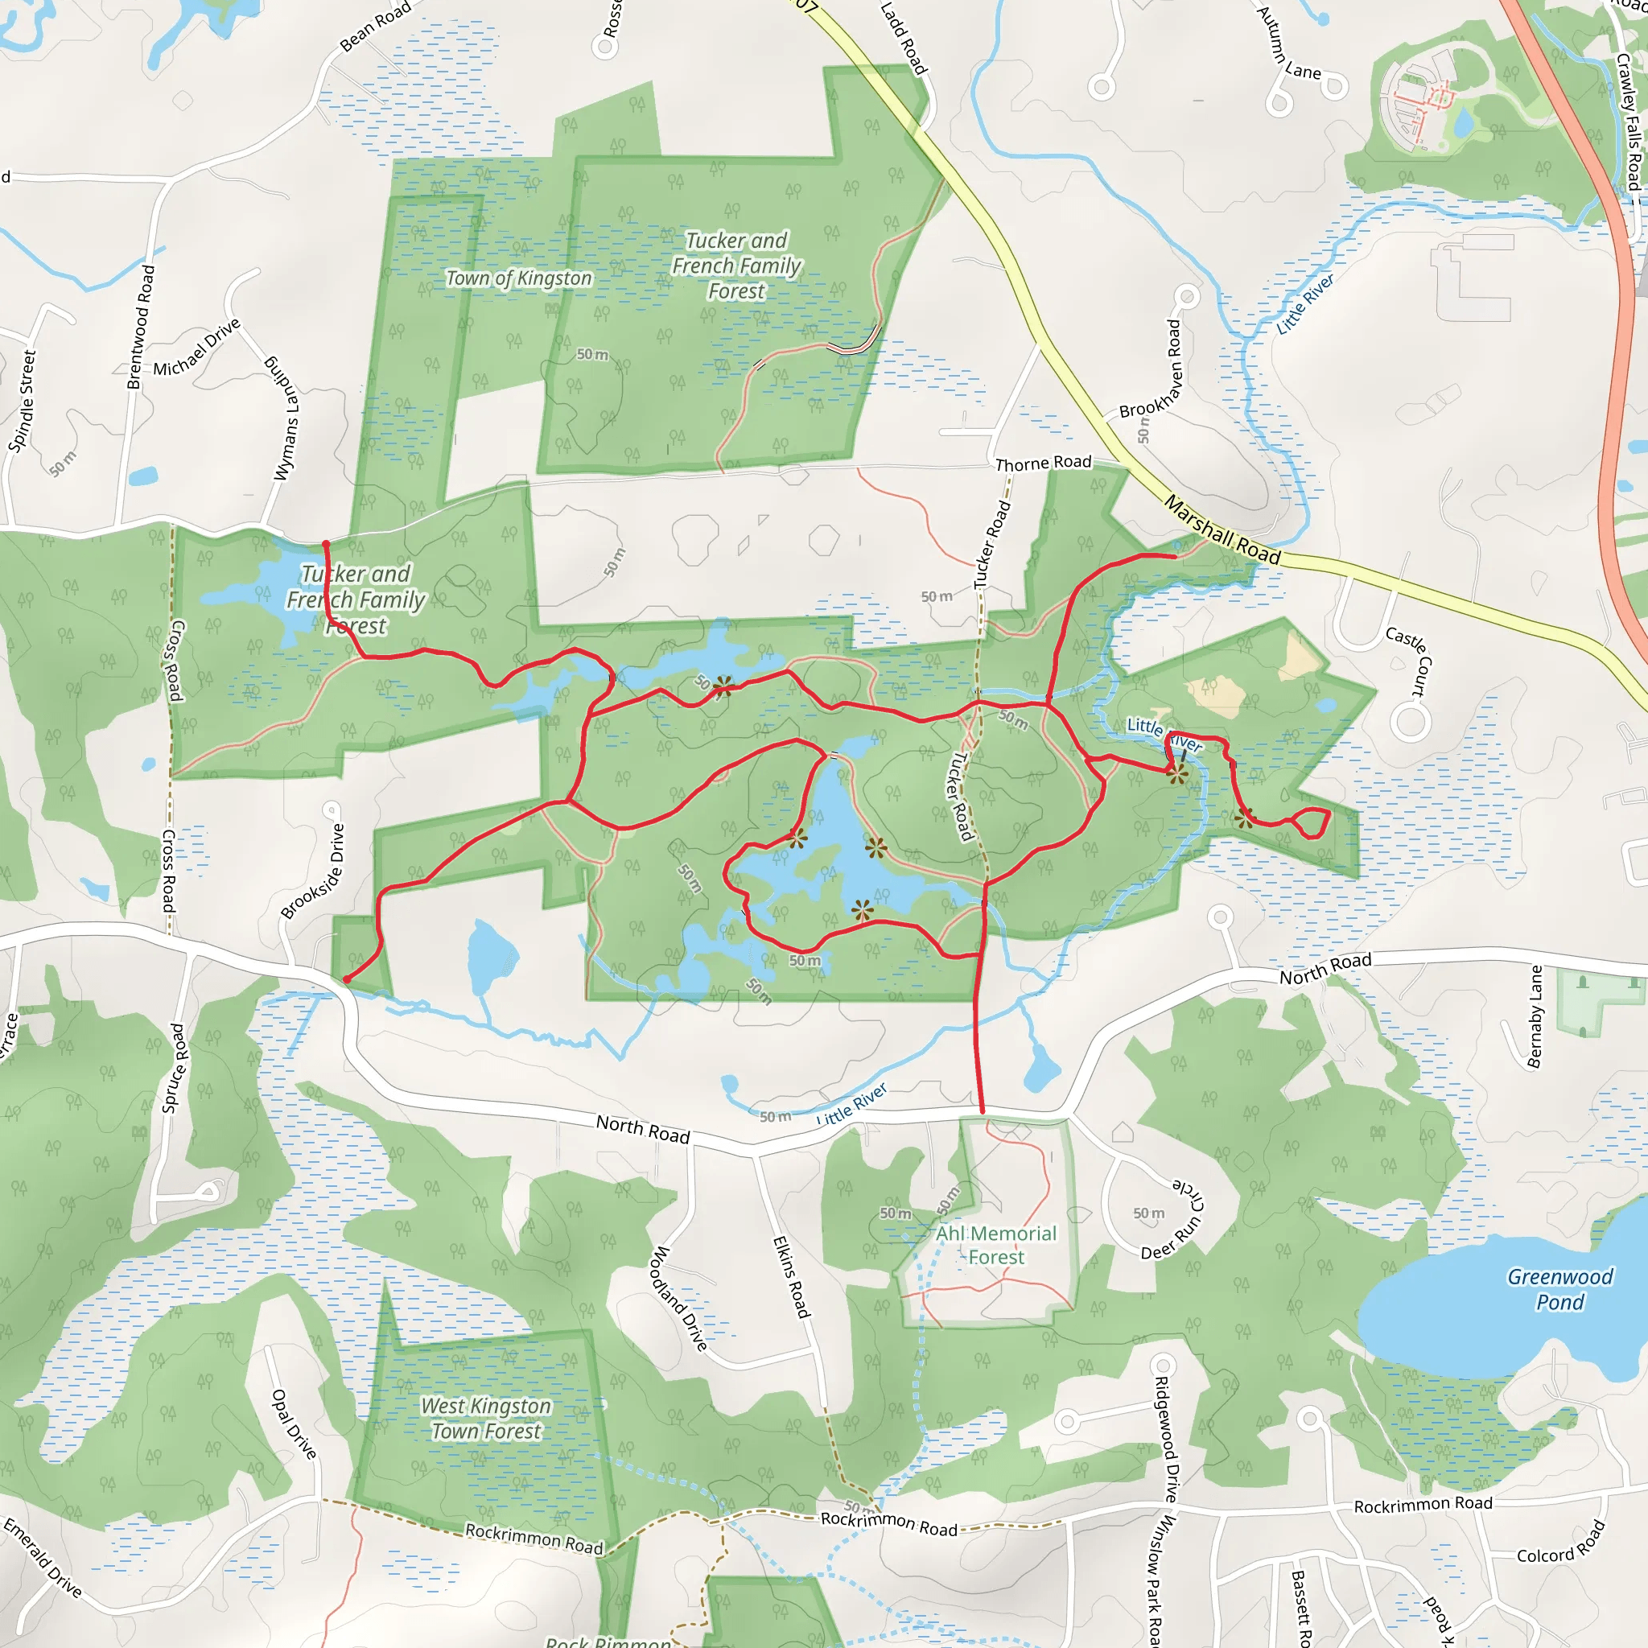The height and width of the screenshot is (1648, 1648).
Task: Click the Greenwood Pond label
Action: (1560, 1289)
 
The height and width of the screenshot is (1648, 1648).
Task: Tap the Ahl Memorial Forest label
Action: (995, 1246)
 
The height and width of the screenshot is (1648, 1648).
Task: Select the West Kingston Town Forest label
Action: (486, 1419)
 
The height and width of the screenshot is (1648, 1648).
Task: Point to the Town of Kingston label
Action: (519, 278)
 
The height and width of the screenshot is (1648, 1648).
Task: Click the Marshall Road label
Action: (1222, 530)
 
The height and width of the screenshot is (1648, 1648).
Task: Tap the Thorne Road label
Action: (1043, 463)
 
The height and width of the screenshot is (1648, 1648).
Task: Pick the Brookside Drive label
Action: (314, 871)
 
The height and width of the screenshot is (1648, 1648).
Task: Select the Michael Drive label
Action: (197, 348)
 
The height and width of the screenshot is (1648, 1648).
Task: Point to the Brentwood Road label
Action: (141, 327)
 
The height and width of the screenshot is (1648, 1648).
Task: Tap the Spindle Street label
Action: (23, 401)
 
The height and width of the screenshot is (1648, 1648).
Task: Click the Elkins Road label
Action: (791, 1277)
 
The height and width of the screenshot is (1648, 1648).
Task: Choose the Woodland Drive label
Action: (680, 1298)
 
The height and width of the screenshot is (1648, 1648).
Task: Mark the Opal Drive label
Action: (294, 1423)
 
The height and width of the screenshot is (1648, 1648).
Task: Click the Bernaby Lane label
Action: (1535, 1017)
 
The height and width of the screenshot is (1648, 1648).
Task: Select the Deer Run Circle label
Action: (1175, 1221)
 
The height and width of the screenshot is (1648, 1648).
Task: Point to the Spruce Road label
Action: (173, 1068)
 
